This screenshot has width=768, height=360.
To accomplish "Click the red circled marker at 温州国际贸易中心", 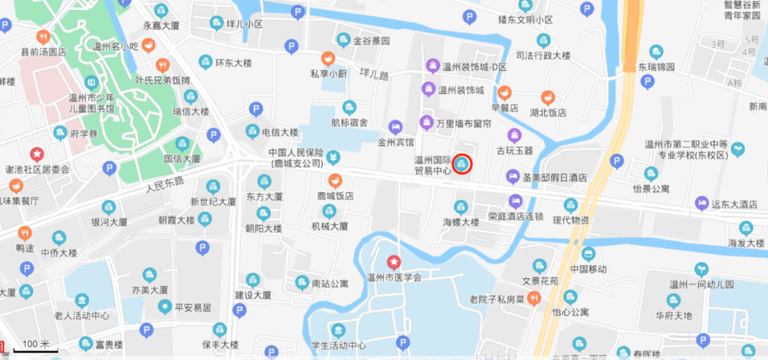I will coord(463,165).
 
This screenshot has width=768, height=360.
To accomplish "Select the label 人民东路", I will coord(165,186).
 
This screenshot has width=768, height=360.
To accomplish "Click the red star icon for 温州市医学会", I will coord(393,263).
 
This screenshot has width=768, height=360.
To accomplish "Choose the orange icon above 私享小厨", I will coord(328,58).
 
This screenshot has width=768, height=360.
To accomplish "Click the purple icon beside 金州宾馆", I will coord(395,127).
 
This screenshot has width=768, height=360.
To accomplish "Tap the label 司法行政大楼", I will coord(543,55).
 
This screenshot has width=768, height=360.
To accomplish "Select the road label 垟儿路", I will coord(373,73).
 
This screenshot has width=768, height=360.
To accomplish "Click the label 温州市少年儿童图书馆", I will coord(91,103).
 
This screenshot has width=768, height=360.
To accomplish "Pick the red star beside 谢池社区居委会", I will coord(36,154).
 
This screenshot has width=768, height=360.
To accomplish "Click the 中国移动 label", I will coord(588,269).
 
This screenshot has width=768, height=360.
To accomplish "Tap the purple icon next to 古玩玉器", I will coord(514,135).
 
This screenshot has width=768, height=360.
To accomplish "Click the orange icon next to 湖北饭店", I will coord(548,97).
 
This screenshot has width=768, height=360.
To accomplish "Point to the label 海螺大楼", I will coord(461,223).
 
